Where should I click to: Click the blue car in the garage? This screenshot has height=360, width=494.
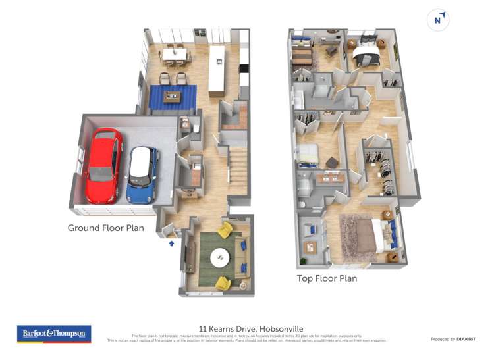142,174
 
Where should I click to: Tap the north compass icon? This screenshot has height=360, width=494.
438,20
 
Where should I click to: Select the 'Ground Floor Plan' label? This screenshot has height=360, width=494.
105,228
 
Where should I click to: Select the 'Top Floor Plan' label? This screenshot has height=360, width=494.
327,278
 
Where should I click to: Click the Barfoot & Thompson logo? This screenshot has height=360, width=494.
54,334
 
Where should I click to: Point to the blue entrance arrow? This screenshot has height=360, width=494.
172,244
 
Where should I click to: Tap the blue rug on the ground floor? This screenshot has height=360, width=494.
173,97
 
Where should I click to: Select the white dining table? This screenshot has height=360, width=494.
175,53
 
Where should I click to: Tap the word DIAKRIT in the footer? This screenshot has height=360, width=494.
467,339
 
